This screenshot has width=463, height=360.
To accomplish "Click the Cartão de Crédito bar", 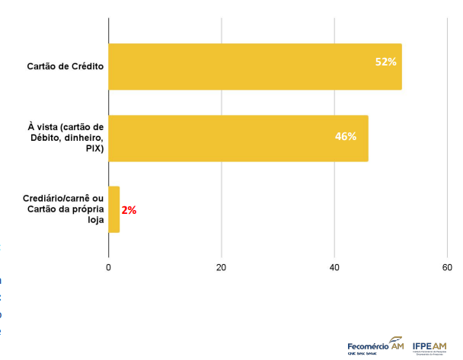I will click(x=254, y=67).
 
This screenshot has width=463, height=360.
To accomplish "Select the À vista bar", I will click(x=238, y=139).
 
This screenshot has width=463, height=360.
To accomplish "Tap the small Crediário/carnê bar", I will click(x=114, y=209).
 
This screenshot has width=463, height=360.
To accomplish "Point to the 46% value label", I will click(x=346, y=136).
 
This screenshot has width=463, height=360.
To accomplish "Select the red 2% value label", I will click(x=129, y=210).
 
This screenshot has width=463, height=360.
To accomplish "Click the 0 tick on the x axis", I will click(x=109, y=267).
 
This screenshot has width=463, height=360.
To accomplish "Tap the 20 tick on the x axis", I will click(x=221, y=267).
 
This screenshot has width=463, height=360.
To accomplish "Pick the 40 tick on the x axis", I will click(x=334, y=267).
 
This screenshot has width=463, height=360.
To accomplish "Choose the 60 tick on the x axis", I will click(x=447, y=267).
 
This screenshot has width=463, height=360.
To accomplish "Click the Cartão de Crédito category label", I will click(x=65, y=65).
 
